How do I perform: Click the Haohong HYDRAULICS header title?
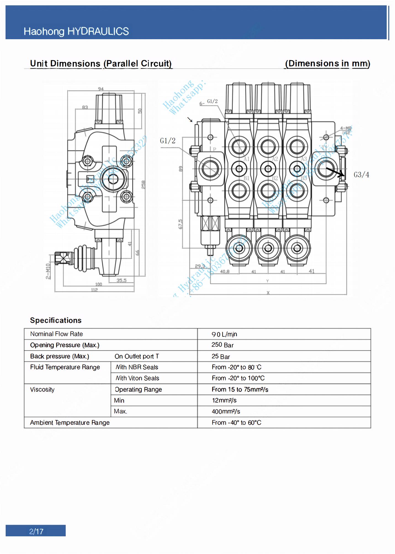point(76,31)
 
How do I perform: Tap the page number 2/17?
point(36,531)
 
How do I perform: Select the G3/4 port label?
point(361,175)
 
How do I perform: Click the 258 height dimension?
point(143,185)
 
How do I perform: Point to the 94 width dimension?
point(101,89)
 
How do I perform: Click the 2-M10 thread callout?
point(48,271)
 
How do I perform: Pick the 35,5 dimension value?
point(121,280)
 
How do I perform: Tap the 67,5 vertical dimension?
point(180,224)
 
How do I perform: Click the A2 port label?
point(275,159)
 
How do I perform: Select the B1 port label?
point(246,178)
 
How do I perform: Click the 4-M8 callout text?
point(346,128)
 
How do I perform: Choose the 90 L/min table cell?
point(224,334)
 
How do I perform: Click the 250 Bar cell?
point(222,345)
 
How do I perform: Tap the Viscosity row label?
point(42,390)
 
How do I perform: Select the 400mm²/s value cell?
point(226,411)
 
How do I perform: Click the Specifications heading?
point(56,320)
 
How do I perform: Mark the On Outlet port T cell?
point(137,357)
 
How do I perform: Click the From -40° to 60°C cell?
point(236,423)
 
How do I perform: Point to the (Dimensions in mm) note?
point(327,64)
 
